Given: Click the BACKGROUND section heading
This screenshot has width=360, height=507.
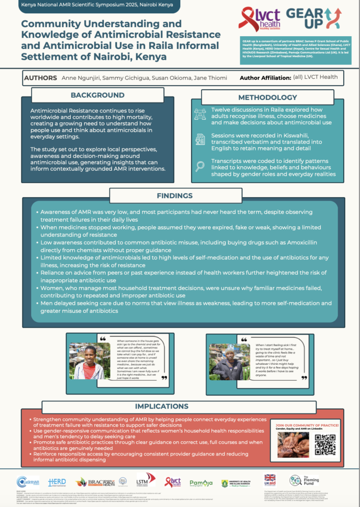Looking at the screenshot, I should [97, 95].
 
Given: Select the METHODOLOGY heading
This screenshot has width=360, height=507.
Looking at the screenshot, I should [267, 98].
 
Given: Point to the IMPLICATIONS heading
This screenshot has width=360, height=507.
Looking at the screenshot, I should [180, 406].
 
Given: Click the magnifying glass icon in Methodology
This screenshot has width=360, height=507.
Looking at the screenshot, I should [200, 166].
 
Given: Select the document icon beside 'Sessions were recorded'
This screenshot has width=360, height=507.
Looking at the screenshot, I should [200, 139].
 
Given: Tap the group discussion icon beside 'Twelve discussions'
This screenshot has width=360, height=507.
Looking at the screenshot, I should [200, 113].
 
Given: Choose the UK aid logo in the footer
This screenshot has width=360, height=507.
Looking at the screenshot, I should [270, 480].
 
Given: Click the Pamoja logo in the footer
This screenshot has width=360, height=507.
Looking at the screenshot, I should [201, 482].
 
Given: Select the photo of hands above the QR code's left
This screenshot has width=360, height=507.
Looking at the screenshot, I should [293, 444].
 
